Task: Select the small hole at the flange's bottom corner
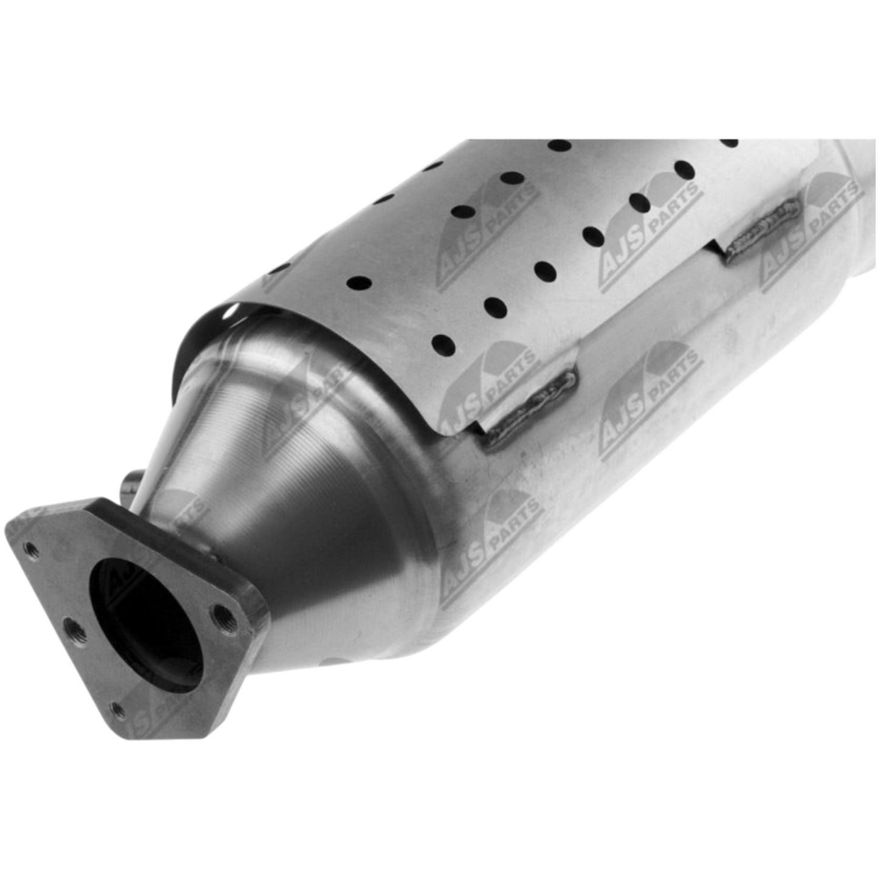point(118,710)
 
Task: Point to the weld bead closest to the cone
point(529,410)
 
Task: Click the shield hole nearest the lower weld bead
point(444,345)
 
